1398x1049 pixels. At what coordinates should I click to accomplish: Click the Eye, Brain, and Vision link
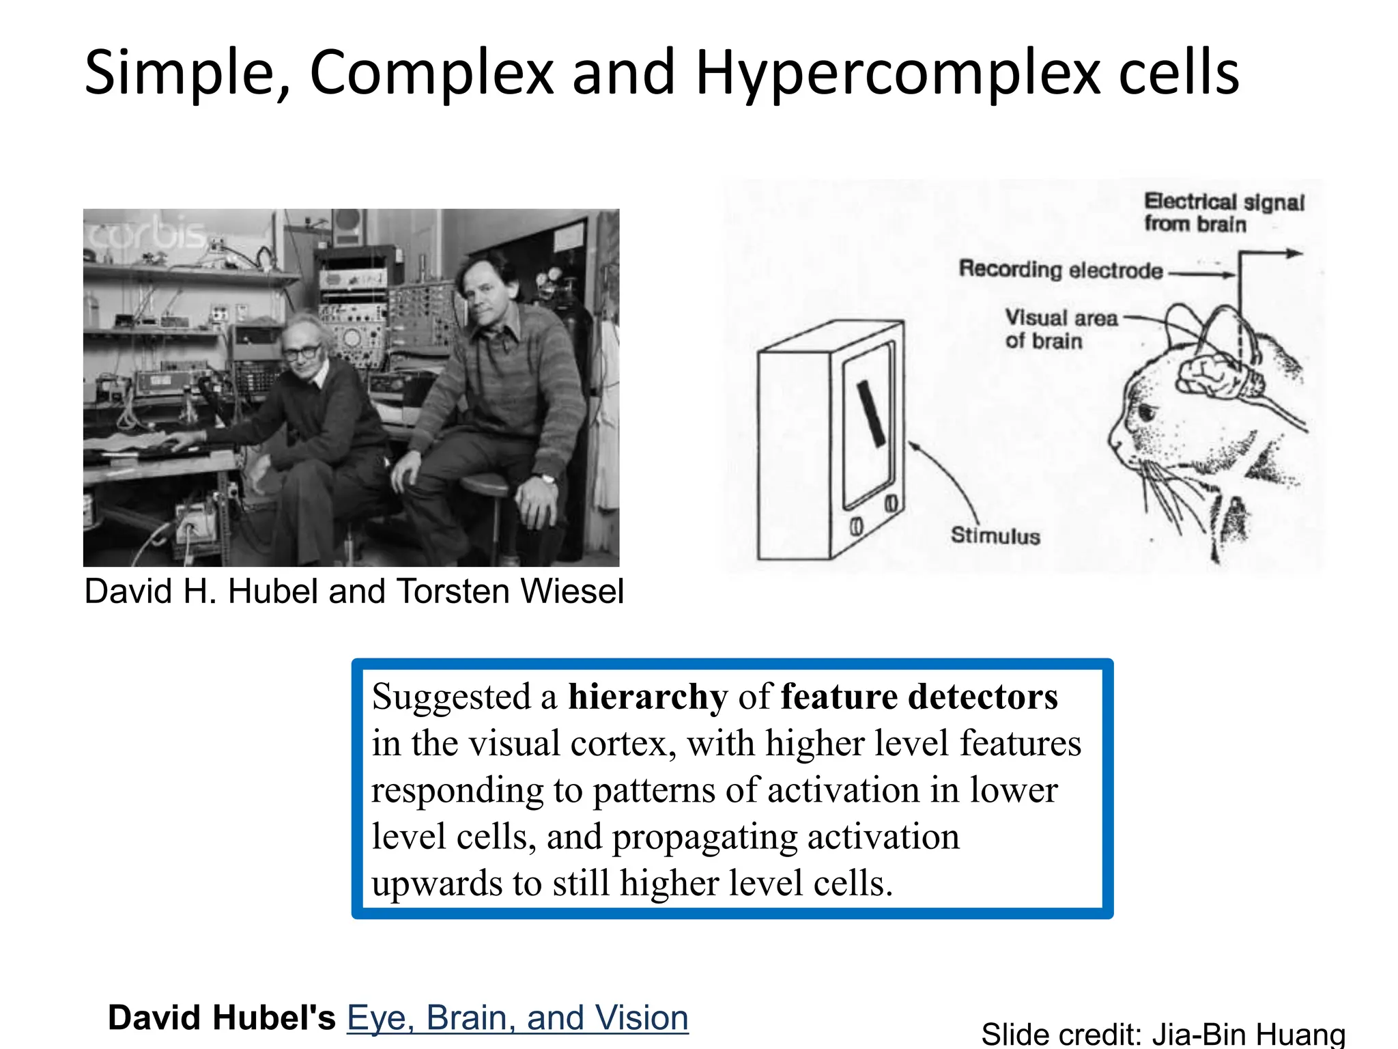coord(517,1018)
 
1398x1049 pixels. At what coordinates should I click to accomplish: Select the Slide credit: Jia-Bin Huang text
coord(1162,1034)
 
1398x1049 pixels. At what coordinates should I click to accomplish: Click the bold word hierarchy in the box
coord(648,697)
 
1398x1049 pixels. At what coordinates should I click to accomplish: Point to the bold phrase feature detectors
coord(919,697)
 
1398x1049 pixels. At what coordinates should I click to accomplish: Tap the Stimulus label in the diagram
coord(995,535)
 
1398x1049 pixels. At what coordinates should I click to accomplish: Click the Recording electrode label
coord(1060,270)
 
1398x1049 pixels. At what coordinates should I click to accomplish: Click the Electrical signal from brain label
coord(1223,212)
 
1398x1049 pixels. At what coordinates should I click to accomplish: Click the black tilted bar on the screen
coord(871,413)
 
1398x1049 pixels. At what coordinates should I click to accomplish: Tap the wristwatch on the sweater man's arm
coord(546,479)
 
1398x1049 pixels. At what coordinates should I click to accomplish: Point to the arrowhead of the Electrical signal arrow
coord(1295,254)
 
